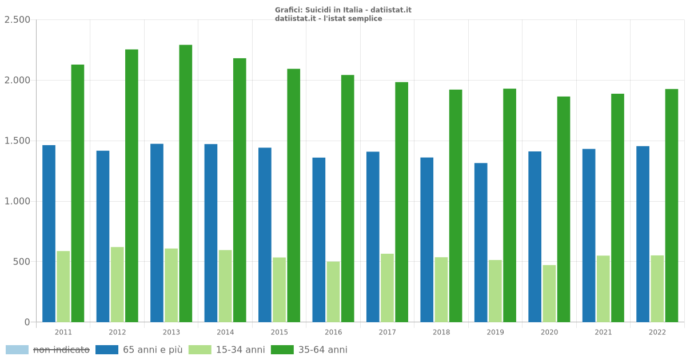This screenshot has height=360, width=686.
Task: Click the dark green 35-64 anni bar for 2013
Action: point(185,183)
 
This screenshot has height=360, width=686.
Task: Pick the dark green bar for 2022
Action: point(671,205)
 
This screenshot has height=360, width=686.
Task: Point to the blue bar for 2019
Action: point(481,242)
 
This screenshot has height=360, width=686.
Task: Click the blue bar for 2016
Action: point(318,239)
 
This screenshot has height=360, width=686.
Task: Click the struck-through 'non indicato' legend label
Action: point(61,350)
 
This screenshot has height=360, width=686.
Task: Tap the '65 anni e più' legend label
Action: point(153,350)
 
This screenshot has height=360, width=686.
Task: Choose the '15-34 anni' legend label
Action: point(240,350)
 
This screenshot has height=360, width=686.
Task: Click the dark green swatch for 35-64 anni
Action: point(282,350)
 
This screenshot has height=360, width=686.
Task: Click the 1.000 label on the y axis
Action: point(17,201)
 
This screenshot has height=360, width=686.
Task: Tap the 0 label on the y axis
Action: point(27,322)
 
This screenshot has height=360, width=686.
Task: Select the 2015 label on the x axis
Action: point(279,332)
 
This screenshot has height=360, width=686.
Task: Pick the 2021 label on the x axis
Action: point(603,332)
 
